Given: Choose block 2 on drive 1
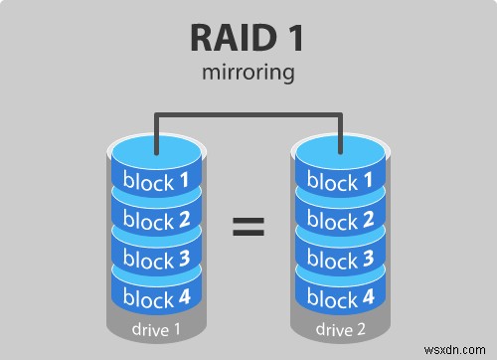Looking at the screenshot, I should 155,220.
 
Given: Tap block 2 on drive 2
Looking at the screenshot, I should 341,220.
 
